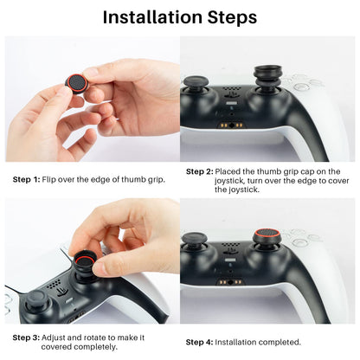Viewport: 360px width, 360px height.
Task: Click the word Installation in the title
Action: [152, 16]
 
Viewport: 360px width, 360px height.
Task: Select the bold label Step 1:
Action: [25, 179]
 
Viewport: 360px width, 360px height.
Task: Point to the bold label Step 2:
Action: [200, 171]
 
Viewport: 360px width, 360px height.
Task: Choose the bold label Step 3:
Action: [25, 337]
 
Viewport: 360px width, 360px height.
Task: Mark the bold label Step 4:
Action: [200, 342]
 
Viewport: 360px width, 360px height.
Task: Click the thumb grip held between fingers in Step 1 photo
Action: [76, 85]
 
